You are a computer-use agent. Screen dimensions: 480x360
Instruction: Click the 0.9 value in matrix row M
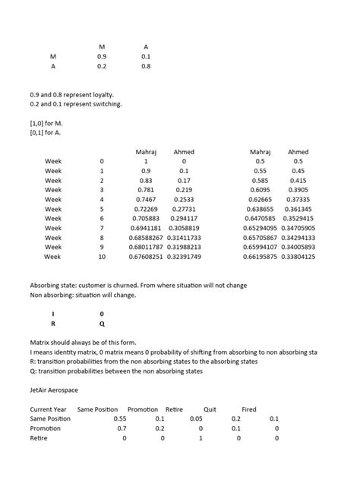(102, 56)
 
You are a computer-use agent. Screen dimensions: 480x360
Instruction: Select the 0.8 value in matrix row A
(145, 66)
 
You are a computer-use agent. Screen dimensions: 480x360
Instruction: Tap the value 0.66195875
(260, 257)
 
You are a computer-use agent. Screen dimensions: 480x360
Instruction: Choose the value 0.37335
(298, 199)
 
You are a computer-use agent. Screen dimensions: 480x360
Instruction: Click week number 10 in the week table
(102, 257)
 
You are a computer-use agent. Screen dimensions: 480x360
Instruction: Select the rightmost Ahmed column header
(298, 152)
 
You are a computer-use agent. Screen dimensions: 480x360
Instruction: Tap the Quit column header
(210, 409)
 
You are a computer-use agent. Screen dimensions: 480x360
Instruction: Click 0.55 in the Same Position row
(120, 418)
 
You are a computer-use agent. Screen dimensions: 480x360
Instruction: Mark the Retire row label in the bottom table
(38, 438)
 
